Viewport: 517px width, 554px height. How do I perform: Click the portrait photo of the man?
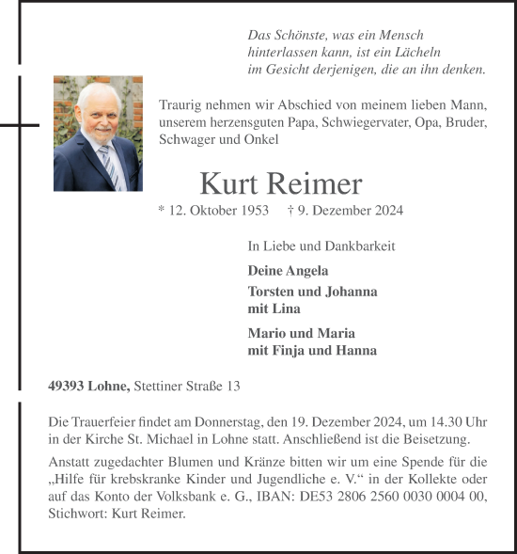point(98,134)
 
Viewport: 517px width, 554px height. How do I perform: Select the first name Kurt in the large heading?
point(228,183)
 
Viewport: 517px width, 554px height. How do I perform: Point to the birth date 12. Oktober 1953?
point(213,211)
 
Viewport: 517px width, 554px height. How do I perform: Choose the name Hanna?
point(357,351)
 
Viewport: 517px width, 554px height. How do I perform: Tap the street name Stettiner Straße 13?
point(188,386)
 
